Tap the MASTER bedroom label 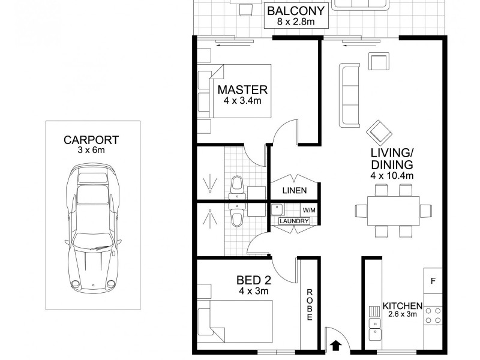tap(242, 90)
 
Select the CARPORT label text tap(91, 140)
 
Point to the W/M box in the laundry tap(308, 210)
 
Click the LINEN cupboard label tap(294, 191)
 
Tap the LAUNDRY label tap(294, 221)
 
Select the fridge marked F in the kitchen tap(433, 281)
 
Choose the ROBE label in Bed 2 tap(310, 305)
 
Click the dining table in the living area tap(393, 211)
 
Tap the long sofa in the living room tap(349, 95)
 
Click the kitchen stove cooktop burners tap(433, 316)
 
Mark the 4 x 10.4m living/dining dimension tap(393, 176)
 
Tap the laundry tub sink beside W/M tap(277, 210)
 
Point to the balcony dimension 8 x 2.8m tap(296, 22)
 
